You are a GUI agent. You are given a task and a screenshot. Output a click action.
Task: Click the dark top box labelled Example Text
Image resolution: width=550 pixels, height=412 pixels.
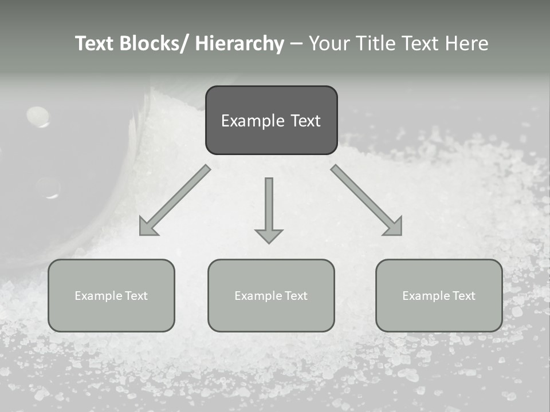click(271, 120)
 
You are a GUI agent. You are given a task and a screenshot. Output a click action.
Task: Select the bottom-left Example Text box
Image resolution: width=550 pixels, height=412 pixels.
click(111, 295)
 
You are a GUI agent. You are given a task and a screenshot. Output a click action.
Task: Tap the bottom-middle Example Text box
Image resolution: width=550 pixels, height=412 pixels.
click(271, 295)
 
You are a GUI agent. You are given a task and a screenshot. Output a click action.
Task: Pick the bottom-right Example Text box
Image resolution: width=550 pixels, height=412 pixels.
click(439, 295)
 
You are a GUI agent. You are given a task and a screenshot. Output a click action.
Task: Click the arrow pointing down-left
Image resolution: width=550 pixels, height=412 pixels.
click(175, 200)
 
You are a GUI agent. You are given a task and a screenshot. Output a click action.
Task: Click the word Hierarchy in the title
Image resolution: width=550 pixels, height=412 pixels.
click(239, 43)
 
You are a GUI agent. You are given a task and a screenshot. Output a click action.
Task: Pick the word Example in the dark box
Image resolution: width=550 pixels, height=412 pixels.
click(252, 121)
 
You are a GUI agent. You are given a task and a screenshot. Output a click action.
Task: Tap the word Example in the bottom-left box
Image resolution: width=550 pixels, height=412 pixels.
click(99, 296)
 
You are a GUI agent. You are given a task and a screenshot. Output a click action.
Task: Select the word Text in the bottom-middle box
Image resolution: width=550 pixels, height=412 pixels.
click(294, 296)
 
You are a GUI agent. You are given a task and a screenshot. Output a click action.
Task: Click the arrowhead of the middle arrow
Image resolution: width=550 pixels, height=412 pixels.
click(269, 235)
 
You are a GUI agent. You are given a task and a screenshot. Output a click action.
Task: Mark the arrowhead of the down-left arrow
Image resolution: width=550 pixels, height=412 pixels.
click(148, 227)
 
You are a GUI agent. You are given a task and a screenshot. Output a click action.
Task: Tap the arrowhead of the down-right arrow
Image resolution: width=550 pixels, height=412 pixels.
click(394, 227)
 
